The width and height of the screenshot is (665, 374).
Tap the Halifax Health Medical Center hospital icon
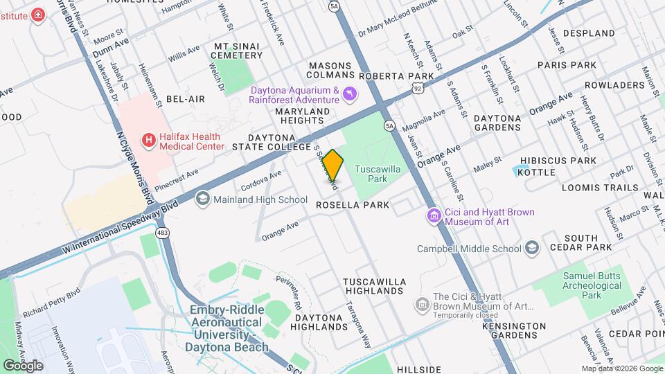[x=148, y=141]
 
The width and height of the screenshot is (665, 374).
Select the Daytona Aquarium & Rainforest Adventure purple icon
[x=350, y=93]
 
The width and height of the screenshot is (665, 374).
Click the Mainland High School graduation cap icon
[x=202, y=200]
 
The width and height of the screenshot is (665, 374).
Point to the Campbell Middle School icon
[x=531, y=249]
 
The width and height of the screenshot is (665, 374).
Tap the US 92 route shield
[x=416, y=88]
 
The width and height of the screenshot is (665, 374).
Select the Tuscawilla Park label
[x=378, y=173]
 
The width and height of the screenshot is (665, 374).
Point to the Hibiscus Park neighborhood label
[x=567, y=161]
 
